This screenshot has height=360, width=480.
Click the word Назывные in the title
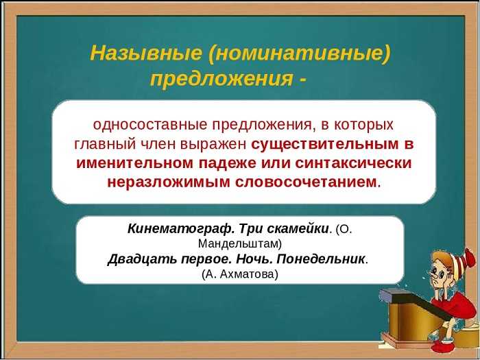coord(146,53)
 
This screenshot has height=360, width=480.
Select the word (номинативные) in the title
coord(300,53)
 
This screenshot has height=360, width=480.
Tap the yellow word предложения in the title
coord(221,80)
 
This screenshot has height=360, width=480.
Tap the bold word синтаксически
coord(354,163)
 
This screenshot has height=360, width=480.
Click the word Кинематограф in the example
coord(181,228)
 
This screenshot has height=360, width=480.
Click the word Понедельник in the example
coord(321,260)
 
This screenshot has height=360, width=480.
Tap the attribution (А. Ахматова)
coord(240,274)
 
